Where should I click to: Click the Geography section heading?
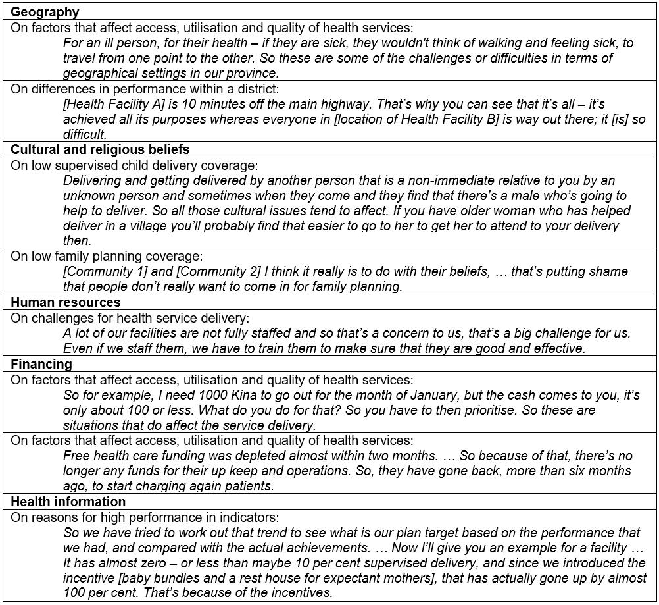point(45,12)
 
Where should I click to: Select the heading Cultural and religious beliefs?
point(100,149)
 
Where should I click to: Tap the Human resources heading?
point(66,302)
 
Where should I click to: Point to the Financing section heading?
point(41,363)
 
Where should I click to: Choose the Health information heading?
point(68,502)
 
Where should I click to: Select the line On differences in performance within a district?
point(145,89)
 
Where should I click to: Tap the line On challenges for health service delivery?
point(130,318)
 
